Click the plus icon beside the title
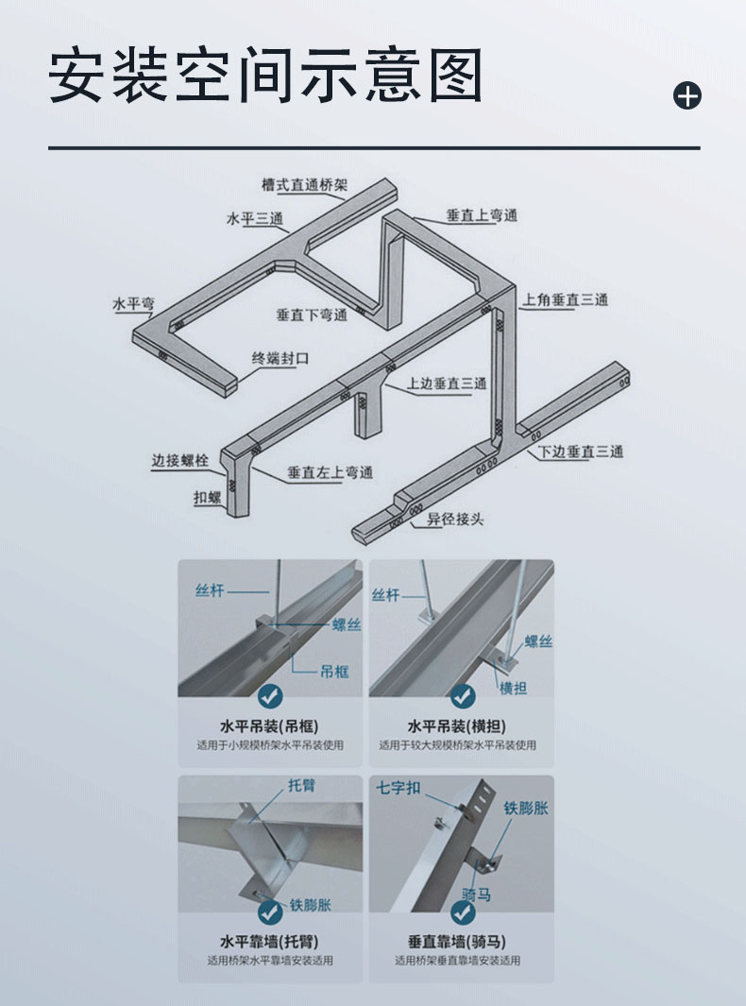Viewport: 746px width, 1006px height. click(687, 95)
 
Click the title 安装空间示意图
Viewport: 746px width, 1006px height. click(265, 75)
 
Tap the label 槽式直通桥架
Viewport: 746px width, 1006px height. click(305, 185)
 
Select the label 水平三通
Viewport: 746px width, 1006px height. click(255, 219)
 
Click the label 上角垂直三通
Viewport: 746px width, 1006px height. click(565, 299)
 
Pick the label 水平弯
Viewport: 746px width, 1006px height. click(133, 304)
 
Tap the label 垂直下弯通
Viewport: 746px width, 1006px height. click(312, 315)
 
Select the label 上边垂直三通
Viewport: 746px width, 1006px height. click(447, 384)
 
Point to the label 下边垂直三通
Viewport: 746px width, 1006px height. click(581, 452)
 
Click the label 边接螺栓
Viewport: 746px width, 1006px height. click(180, 461)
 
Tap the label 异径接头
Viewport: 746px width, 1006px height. click(456, 519)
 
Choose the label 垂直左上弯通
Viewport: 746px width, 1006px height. click(330, 473)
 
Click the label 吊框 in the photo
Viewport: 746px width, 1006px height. click(334, 672)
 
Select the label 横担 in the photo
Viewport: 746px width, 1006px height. click(513, 689)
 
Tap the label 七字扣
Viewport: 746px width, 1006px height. click(398, 788)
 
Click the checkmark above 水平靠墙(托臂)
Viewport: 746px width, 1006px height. click(270, 912)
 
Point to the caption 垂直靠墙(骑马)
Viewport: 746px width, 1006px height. click(457, 942)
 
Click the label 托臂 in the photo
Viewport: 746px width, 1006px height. click(301, 785)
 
